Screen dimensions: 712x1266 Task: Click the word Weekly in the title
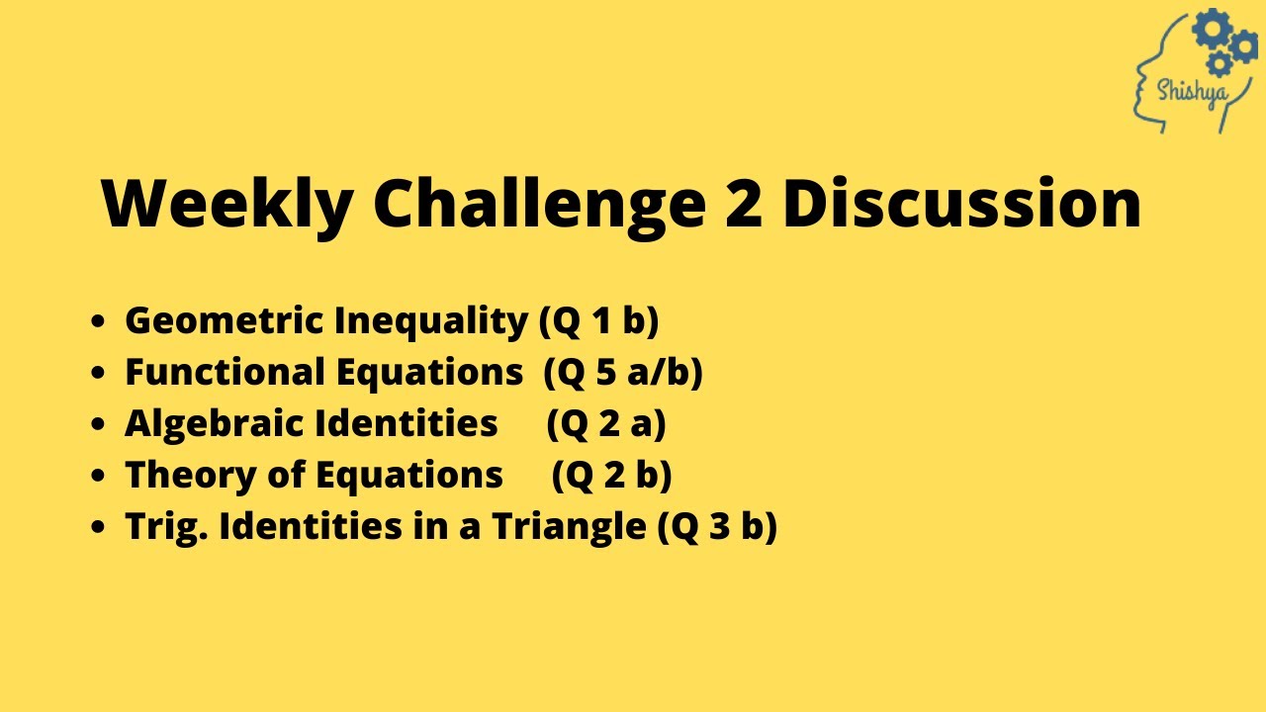click(x=227, y=204)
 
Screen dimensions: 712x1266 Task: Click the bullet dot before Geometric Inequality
click(x=97, y=321)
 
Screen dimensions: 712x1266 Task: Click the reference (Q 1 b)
click(x=598, y=321)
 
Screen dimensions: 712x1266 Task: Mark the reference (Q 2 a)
click(x=606, y=424)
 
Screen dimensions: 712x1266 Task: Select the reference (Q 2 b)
click(x=612, y=476)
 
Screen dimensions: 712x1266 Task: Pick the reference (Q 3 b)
click(x=717, y=527)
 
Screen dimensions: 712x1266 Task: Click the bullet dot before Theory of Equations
click(x=97, y=476)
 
